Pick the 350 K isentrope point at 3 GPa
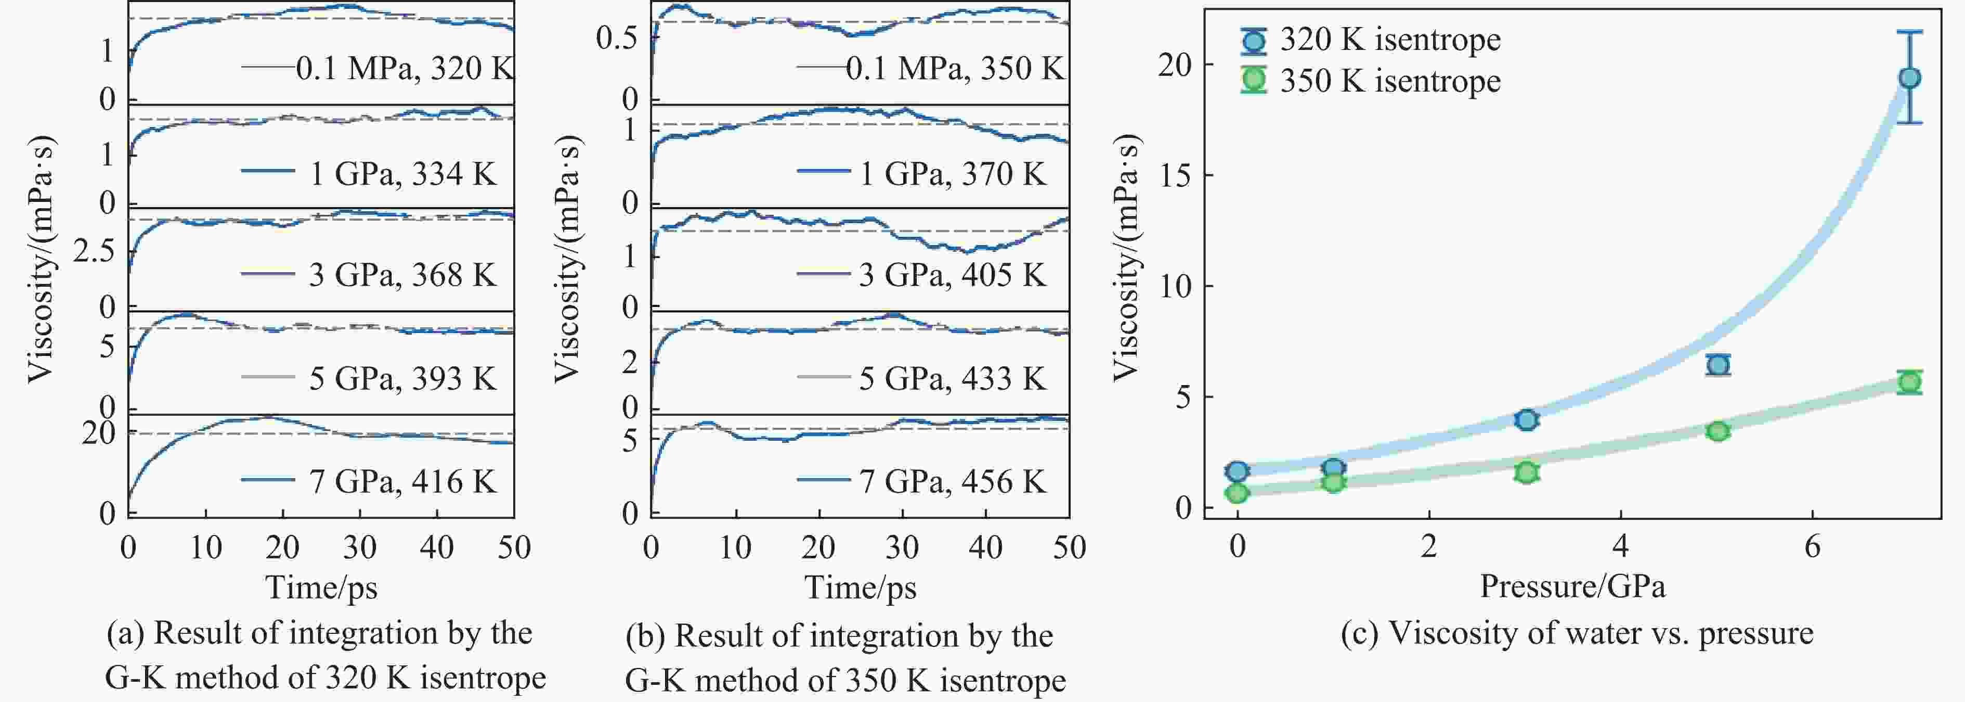(x=1526, y=473)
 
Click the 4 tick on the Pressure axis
(x=1621, y=546)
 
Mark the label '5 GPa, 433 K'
(x=952, y=378)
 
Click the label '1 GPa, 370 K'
(x=952, y=174)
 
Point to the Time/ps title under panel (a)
(x=321, y=588)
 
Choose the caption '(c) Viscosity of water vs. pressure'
(x=1577, y=633)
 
